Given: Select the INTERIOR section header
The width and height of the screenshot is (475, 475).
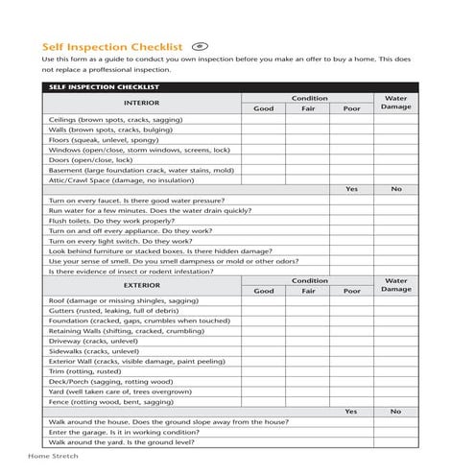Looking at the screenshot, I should pyautogui.click(x=141, y=102).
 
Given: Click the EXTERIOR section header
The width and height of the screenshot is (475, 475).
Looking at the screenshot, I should pyautogui.click(x=141, y=285).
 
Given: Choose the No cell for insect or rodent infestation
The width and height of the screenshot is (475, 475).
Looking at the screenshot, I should pyautogui.click(x=395, y=271).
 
